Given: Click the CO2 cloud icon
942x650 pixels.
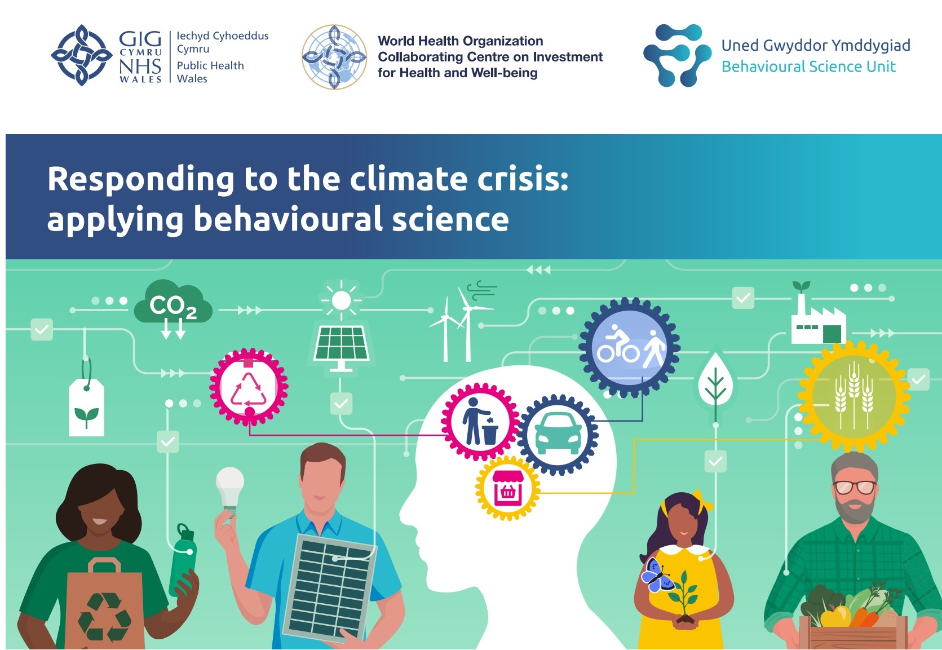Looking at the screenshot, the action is click(x=173, y=303).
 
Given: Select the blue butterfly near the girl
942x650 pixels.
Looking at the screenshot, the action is click(x=657, y=575).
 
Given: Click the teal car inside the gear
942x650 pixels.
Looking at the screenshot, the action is click(x=559, y=434).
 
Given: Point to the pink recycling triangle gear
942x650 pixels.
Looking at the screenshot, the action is click(x=249, y=387).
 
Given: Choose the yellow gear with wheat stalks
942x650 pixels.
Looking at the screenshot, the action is click(x=853, y=396).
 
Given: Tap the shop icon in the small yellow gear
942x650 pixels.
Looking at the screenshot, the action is click(x=508, y=488).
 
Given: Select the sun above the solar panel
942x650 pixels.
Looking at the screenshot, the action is click(x=341, y=300).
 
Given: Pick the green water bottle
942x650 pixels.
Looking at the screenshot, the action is click(x=183, y=560).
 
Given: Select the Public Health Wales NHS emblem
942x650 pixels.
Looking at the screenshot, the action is click(x=82, y=55).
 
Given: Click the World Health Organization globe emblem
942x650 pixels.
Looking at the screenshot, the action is click(x=334, y=57).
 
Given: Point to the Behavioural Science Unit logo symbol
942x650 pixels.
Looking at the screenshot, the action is click(x=677, y=55).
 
